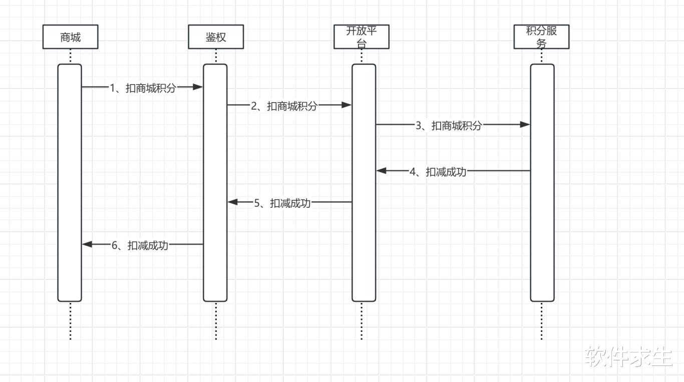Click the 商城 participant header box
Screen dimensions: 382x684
coord(70,37)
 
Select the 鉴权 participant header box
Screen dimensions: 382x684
coord(216,37)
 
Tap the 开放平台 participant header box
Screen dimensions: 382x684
coord(362,37)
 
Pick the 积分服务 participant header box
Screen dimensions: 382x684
coord(541,37)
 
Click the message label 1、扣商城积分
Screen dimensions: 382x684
coord(143,88)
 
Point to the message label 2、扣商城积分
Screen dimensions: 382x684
coord(284,106)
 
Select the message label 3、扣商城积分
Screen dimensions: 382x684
coord(449,126)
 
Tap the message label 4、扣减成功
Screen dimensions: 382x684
coord(438,172)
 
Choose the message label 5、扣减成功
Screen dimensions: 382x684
coord(282,203)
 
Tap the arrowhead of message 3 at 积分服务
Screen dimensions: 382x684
coord(525,125)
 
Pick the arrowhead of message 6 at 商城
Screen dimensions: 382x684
coord(87,244)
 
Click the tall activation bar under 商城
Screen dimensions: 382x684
coord(70,183)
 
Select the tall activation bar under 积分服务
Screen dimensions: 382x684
coord(542,183)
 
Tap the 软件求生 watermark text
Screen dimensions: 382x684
coord(628,357)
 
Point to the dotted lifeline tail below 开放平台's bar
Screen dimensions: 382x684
coord(362,320)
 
